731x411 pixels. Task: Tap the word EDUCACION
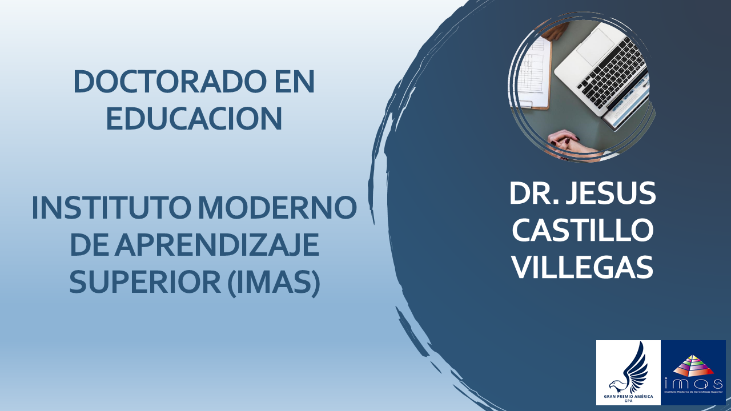click(194, 118)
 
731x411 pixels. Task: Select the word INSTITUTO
click(111, 207)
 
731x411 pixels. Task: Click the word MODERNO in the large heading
click(278, 207)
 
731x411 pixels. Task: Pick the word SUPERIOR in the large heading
click(145, 281)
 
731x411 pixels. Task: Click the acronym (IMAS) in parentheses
click(274, 282)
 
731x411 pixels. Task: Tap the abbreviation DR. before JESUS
click(535, 194)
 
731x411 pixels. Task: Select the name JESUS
click(610, 194)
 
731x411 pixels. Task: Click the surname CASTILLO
click(583, 230)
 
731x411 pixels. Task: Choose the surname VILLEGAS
click(583, 267)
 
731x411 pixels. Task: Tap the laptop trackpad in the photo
click(596, 46)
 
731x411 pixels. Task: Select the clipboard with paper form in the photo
click(535, 72)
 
